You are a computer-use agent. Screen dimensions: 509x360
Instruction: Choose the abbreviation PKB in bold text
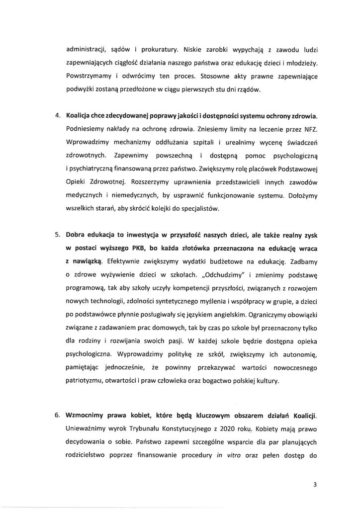(x=133, y=248)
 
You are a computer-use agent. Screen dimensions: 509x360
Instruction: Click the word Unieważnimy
(x=89, y=427)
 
